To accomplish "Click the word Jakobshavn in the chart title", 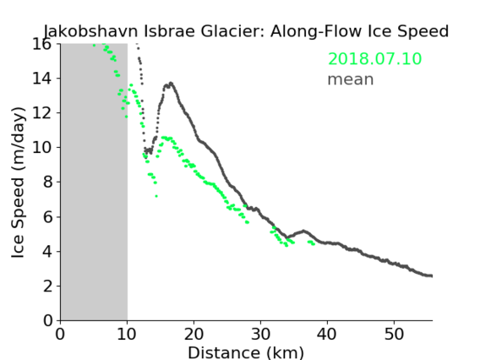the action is pos(90,31).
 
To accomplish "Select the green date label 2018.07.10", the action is pos(374,58).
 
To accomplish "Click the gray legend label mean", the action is pos(351,79).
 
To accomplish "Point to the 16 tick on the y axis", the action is pos(42,44).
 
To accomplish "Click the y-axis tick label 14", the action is pos(42,79).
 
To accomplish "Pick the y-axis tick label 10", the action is pos(42,148).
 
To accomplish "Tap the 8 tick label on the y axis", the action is pos(47,183).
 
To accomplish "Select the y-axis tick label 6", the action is pos(47,216).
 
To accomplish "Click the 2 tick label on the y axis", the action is pos(47,286).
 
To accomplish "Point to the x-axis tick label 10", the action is pos(127,334).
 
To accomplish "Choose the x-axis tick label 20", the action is pos(194,334).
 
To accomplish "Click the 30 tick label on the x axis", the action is pos(260,334).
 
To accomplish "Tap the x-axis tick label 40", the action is pos(327,334).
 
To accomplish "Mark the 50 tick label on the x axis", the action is pos(394,334).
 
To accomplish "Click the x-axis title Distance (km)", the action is pos(246,352).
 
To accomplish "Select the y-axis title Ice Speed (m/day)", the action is pos(18,183).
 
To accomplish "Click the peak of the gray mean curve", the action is pos(171,83).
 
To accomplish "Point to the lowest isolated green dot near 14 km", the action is pos(156,196).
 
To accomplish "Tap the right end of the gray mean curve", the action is pos(431,275).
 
